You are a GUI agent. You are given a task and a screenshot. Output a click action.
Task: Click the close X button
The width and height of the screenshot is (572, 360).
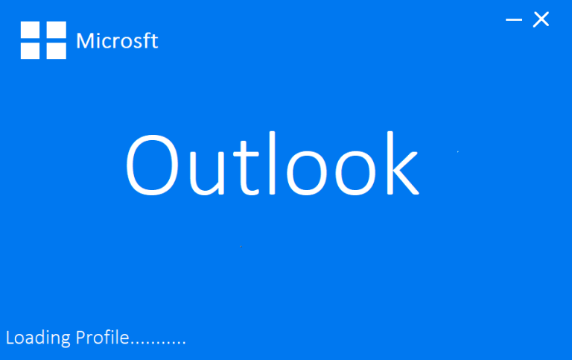click(541, 19)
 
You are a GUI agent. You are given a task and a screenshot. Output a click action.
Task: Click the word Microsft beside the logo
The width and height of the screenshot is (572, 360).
click(117, 40)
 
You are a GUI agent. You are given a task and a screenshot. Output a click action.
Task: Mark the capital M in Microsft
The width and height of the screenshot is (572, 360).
click(85, 40)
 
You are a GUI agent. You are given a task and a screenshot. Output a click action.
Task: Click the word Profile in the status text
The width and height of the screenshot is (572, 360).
click(102, 338)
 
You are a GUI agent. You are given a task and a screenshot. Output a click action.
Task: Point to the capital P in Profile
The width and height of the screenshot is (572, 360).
click(80, 338)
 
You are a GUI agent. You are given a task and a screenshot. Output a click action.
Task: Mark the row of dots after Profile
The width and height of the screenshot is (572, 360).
click(158, 343)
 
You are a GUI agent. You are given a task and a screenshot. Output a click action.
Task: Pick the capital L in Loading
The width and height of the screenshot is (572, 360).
click(10, 338)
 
